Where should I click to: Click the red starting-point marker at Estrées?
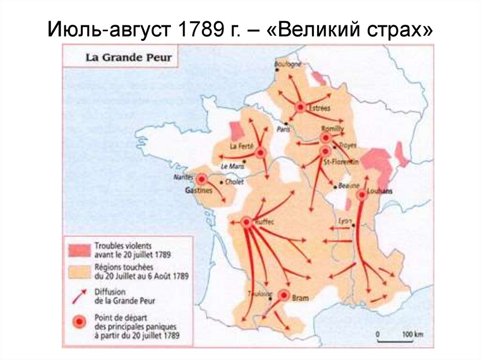300,107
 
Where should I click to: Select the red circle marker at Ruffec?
246,222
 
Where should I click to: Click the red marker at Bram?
284,295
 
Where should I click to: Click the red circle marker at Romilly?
325,138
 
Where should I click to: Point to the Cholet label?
234,182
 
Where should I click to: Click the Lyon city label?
346,220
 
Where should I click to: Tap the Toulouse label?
260,294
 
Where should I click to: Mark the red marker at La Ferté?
261,152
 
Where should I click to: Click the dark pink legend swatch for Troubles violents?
78,250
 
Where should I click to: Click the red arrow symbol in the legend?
78,297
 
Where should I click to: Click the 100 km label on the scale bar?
412,334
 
